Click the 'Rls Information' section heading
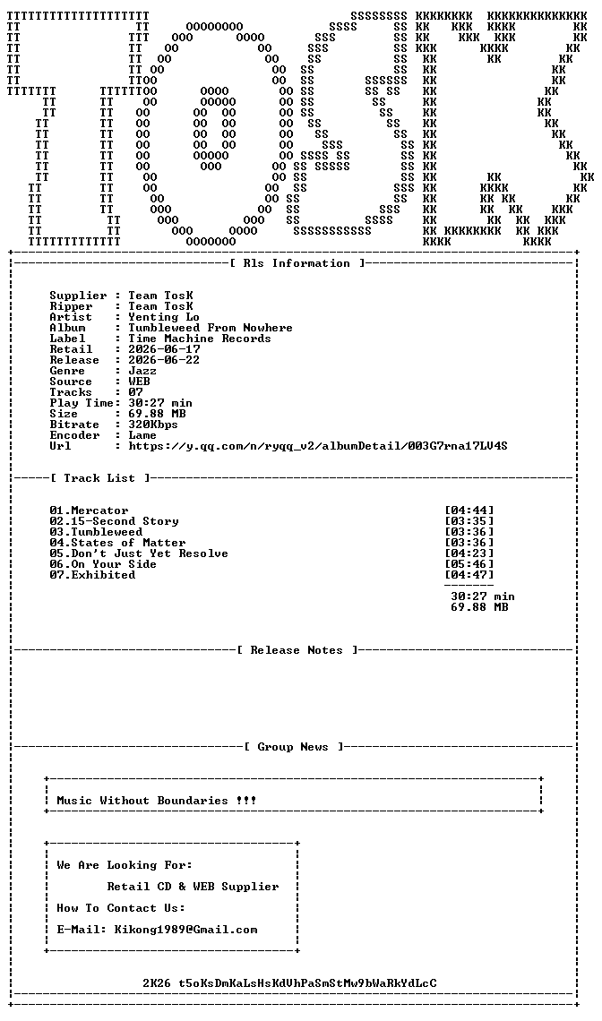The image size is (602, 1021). [x=297, y=263]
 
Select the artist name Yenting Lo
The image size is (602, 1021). [x=164, y=317]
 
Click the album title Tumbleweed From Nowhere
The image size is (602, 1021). [x=211, y=328]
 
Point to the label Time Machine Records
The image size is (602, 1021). [x=200, y=339]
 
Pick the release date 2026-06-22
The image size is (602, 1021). [x=164, y=360]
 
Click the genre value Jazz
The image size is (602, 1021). [x=142, y=371]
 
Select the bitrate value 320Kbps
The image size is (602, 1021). [x=153, y=425]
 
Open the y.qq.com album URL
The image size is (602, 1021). [x=318, y=446]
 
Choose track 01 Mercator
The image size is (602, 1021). [x=90, y=510]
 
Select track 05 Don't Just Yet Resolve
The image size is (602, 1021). [x=139, y=553]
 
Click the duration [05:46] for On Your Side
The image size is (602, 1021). [x=469, y=564]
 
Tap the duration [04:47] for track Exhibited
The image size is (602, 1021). [x=469, y=575]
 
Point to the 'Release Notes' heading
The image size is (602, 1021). [x=297, y=650]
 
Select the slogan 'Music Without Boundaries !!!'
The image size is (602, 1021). [x=157, y=801]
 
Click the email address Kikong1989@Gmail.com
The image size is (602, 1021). [x=185, y=930]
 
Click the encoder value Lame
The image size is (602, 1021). [x=142, y=435]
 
